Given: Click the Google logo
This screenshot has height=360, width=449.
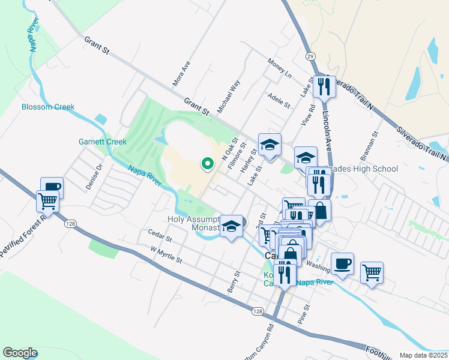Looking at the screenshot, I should pos(20,353).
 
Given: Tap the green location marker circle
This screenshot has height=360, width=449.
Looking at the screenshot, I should pos(208,163).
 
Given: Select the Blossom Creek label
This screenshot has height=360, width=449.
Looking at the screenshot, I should pos(48,107).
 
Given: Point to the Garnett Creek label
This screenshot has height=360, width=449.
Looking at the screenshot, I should pos(103,142).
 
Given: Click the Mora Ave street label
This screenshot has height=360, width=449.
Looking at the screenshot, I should pos(181,72).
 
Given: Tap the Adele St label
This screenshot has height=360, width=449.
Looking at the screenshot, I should pos(279,100).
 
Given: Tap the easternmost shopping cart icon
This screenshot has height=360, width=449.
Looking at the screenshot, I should pos(372,272).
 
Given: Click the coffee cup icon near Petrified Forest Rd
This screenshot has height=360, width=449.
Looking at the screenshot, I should pos(52,187).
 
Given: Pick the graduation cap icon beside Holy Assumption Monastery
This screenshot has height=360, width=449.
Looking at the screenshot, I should pos(231,226).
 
